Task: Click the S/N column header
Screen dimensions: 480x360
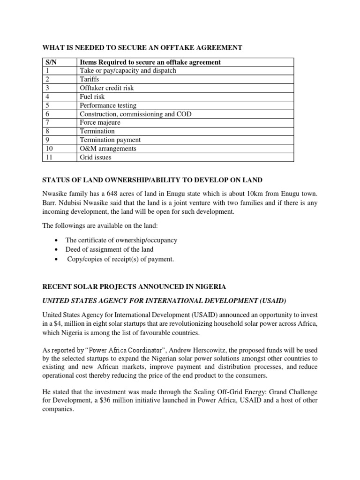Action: pyautogui.click(x=50, y=62)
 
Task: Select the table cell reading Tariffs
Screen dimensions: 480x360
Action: pyautogui.click(x=90, y=79)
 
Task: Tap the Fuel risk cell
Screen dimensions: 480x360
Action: pyautogui.click(x=92, y=97)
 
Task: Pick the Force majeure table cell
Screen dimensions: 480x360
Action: pyautogui.click(x=100, y=122)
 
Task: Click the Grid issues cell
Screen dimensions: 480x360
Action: pyautogui.click(x=96, y=157)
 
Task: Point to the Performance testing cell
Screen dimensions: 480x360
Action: pyautogui.click(x=108, y=105)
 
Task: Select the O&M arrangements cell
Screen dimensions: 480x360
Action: pyautogui.click(x=108, y=149)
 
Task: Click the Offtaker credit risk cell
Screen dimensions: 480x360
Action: pyautogui.click(x=106, y=88)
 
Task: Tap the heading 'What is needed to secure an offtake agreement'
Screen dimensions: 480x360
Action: pyautogui.click(x=142, y=47)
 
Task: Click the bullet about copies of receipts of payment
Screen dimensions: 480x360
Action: pyautogui.click(x=120, y=259)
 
